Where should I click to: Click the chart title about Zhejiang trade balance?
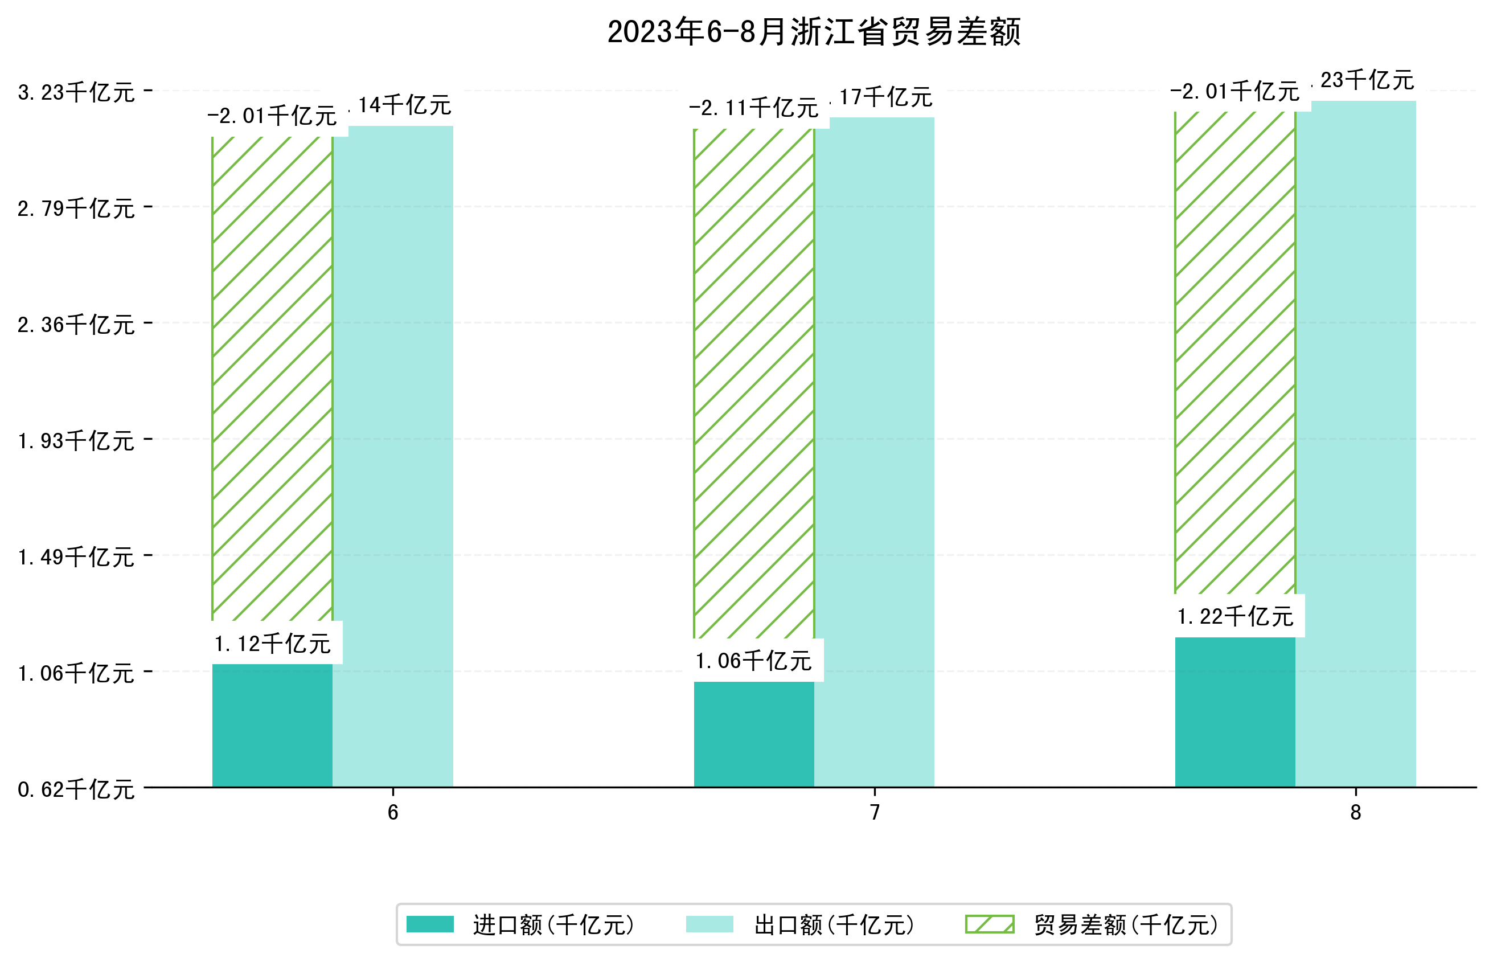pyautogui.click(x=813, y=32)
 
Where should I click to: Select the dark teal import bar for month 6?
pyautogui.click(x=272, y=724)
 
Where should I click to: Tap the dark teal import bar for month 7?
pyautogui.click(x=754, y=734)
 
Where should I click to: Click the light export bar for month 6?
pyautogui.click(x=393, y=456)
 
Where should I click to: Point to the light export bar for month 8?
pyautogui.click(x=1355, y=444)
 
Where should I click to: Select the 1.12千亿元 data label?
pyautogui.click(x=272, y=644)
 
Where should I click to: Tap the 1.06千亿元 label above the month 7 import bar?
pyautogui.click(x=754, y=661)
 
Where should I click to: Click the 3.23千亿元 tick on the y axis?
pyautogui.click(x=76, y=92)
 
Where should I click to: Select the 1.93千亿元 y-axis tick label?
pyautogui.click(x=76, y=441)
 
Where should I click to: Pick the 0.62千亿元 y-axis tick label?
pyautogui.click(x=76, y=789)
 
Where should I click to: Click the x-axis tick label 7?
pyautogui.click(x=874, y=812)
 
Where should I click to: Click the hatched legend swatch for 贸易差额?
pyautogui.click(x=989, y=924)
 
